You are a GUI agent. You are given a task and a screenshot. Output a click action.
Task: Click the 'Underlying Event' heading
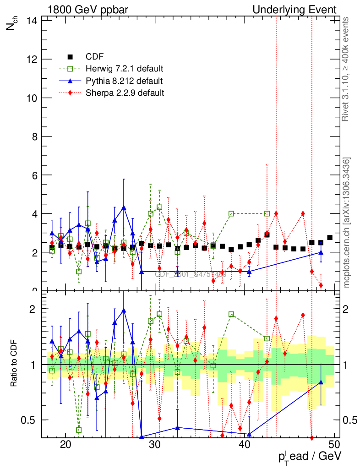click(x=295, y=10)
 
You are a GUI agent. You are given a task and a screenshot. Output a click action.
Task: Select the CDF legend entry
click(x=94, y=57)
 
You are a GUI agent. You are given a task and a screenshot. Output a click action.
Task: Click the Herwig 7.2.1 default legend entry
click(x=124, y=69)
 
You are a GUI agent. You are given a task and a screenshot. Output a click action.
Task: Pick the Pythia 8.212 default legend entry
click(x=124, y=81)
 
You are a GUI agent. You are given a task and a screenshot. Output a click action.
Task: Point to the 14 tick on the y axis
click(x=33, y=21)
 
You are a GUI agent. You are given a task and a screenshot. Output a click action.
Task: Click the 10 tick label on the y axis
click(x=33, y=98)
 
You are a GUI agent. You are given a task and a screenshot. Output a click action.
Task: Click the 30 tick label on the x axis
click(x=155, y=444)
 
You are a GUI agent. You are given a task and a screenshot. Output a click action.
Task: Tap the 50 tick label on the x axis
click(x=334, y=444)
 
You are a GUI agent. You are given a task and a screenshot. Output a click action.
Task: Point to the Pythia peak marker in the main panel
click(x=124, y=207)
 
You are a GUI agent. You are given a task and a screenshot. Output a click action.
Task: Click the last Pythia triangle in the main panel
click(x=321, y=252)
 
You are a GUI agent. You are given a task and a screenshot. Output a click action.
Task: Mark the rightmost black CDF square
click(x=330, y=237)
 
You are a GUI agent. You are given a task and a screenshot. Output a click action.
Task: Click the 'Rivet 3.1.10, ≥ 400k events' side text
click(x=346, y=69)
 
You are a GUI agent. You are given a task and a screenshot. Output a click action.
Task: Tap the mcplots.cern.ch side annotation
click(x=346, y=222)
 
